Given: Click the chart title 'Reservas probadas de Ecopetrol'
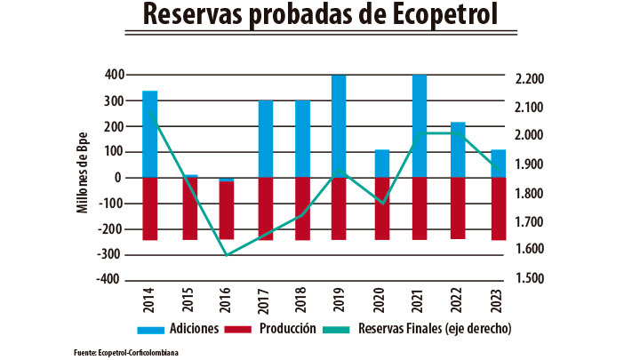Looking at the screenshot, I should pyautogui.click(x=320, y=15).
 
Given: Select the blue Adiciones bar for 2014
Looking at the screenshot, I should pyautogui.click(x=150, y=133).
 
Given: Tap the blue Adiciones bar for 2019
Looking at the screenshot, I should pyautogui.click(x=339, y=125).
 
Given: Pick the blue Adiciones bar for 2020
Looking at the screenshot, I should pyautogui.click(x=381, y=164).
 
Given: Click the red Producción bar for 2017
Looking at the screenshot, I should pyautogui.click(x=266, y=209).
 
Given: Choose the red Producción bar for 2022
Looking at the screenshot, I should pyautogui.click(x=459, y=208).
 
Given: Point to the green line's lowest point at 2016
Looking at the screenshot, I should pyautogui.click(x=228, y=255).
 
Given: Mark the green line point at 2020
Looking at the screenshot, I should pyautogui.click(x=381, y=204).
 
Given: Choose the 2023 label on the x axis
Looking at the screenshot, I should pyautogui.click(x=497, y=299).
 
